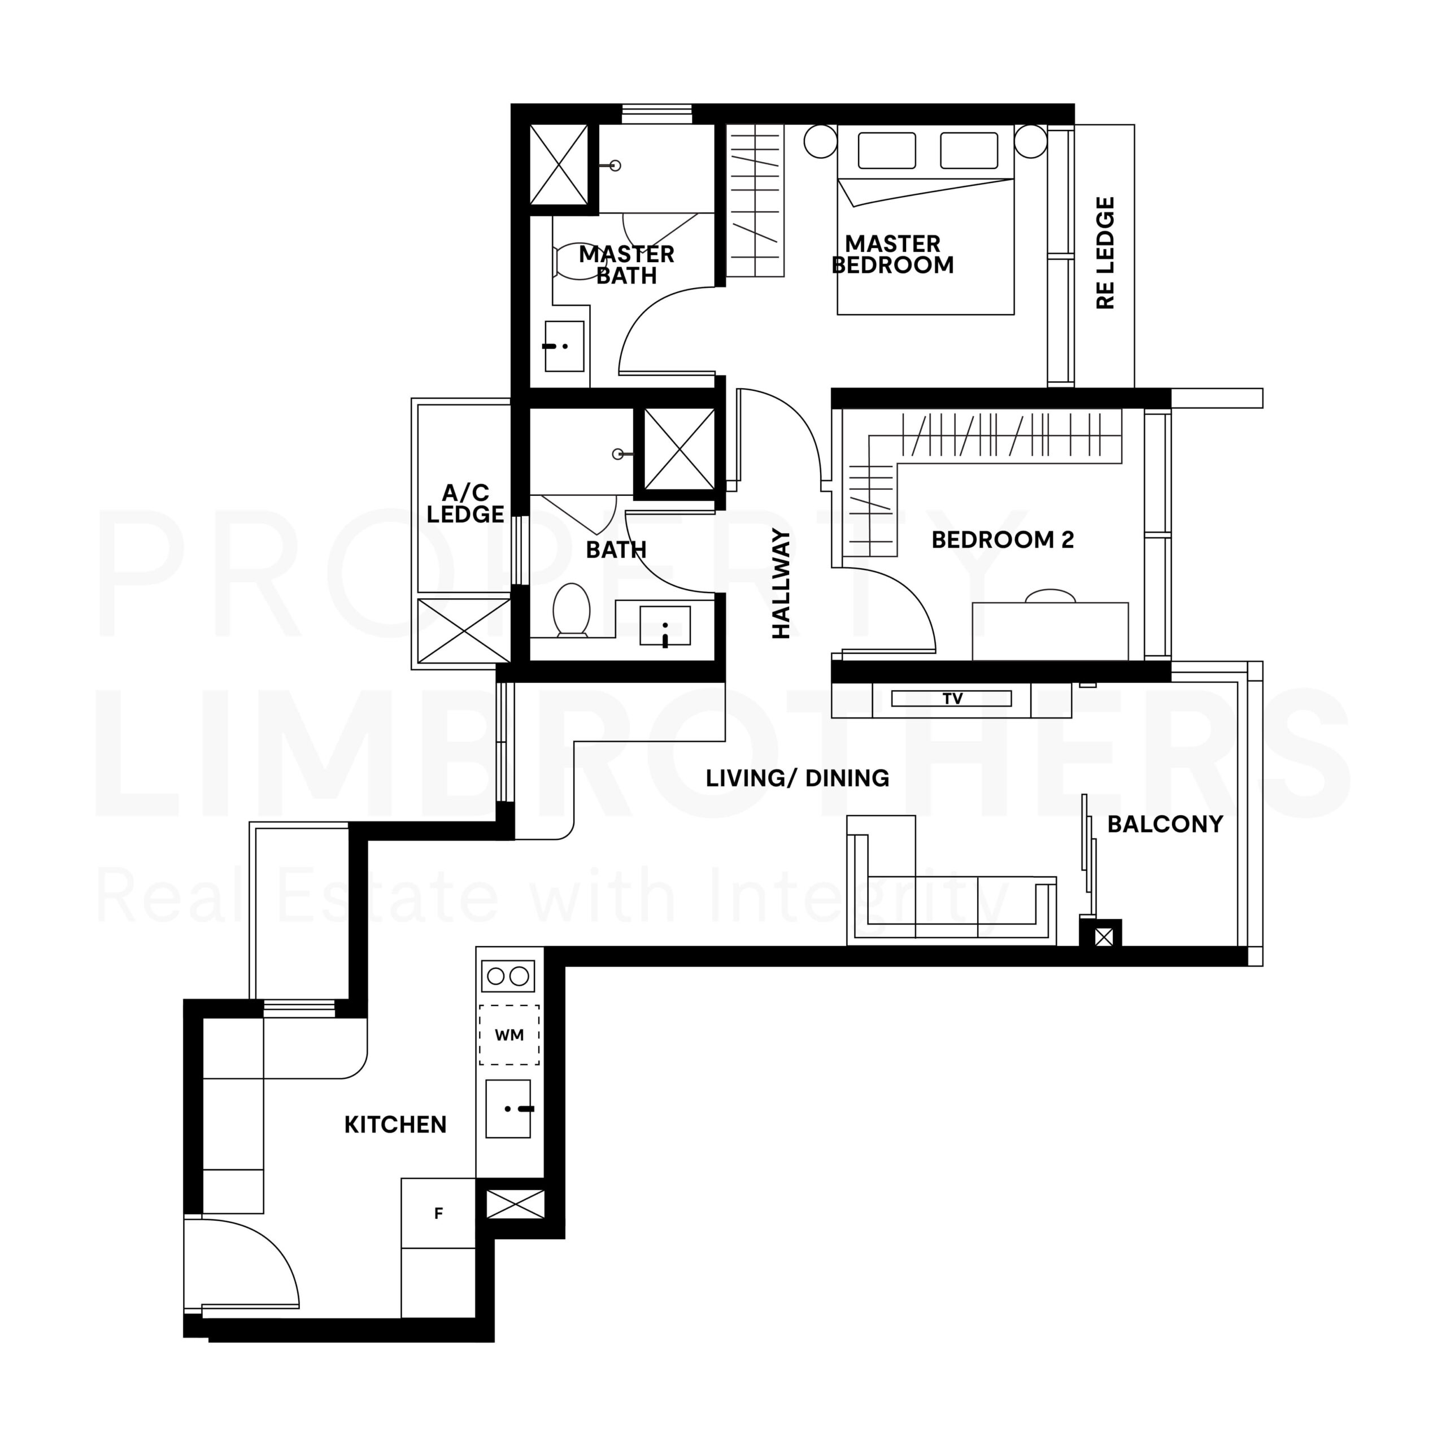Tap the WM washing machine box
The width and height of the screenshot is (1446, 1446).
tap(509, 1035)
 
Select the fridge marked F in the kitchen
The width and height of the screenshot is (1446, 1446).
tap(438, 1213)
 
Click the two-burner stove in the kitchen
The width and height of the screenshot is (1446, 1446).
tap(508, 976)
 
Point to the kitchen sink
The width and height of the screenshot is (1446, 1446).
tap(508, 1108)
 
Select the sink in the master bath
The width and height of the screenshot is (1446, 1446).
tap(564, 346)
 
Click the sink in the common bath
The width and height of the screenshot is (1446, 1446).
tap(665, 626)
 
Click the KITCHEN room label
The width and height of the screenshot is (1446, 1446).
tap(395, 1124)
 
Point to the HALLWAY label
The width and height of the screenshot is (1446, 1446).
tap(781, 584)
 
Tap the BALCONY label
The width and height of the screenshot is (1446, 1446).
tap(1165, 824)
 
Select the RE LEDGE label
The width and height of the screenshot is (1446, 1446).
tap(1105, 253)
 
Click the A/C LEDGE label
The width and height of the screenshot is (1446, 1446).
tap(465, 503)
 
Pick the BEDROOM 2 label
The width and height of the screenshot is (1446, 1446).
tap(1002, 539)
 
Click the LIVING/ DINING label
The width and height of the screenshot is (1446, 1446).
tap(797, 778)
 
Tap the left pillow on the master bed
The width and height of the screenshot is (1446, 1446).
tap(887, 150)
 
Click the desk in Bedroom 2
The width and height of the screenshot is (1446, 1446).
tap(1050, 631)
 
